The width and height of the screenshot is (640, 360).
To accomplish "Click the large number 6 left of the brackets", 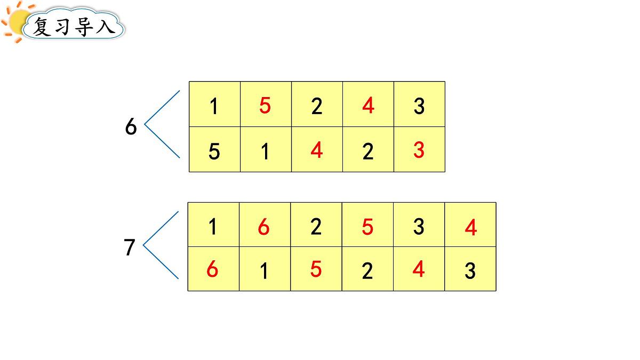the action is (131, 126).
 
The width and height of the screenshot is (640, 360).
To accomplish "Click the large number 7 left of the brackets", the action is (129, 247).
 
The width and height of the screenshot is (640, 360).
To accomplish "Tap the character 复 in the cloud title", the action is (42, 27).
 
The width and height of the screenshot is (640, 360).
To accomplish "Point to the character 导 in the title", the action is (84, 27).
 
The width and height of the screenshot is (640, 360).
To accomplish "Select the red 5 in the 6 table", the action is (265, 106).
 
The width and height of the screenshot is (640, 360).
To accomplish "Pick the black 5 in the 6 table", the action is (214, 151).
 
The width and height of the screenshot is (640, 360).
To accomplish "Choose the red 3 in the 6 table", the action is (419, 150).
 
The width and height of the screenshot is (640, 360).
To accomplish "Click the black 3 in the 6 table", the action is (419, 106).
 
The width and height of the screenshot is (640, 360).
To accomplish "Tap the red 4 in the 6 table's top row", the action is (369, 106).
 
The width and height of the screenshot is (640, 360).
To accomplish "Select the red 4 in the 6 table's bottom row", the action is (317, 150).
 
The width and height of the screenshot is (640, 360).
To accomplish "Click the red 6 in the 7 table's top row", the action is (263, 227).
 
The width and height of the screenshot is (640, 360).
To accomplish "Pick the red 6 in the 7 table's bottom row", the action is (212, 269).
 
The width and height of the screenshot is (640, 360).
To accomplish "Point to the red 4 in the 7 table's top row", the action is (471, 227).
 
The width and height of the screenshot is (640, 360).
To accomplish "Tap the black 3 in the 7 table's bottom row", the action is (470, 270).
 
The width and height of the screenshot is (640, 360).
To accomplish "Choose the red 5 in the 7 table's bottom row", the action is (316, 269).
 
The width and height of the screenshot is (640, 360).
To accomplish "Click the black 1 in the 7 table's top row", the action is (213, 227).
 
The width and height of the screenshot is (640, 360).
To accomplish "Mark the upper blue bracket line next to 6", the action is (162, 107).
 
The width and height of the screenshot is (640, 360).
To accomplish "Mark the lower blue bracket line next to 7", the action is (161, 262).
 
